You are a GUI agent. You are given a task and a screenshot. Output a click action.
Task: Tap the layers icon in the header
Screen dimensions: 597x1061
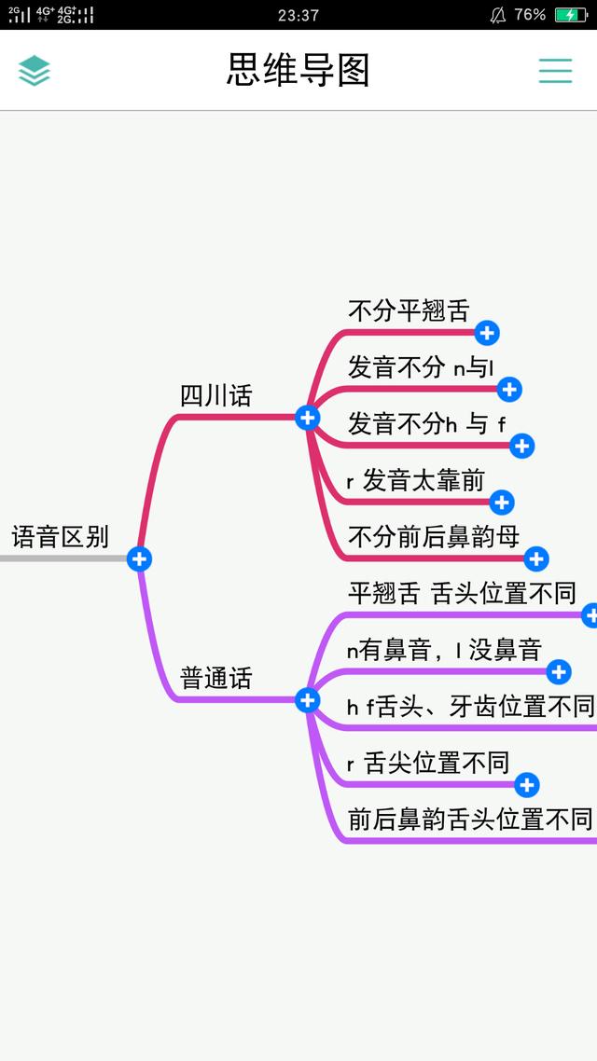tap(35, 70)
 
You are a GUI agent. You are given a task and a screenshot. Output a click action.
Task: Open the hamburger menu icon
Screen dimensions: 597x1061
tap(555, 70)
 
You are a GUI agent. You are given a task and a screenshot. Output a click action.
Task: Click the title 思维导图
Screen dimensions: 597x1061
tap(298, 70)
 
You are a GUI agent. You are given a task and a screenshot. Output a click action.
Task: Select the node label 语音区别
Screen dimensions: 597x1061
tap(61, 537)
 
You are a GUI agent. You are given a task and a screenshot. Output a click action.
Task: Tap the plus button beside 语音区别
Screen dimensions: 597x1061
tap(139, 558)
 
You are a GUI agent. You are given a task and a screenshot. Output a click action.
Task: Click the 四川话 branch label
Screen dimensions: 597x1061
tap(215, 396)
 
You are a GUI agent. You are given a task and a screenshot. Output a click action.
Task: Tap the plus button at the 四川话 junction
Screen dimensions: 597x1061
tap(307, 418)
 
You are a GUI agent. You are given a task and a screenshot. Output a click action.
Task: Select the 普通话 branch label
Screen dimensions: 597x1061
tap(215, 677)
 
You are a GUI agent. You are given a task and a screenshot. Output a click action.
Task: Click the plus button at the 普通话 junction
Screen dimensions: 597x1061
tap(307, 699)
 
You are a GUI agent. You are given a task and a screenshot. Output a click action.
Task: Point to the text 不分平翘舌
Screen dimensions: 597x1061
tap(409, 310)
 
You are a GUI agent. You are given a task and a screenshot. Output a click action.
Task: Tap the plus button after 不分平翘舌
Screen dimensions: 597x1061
tap(487, 333)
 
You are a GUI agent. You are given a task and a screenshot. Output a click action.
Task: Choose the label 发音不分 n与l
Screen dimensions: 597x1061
tap(421, 367)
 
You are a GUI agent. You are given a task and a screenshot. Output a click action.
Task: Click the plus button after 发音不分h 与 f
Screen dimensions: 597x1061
tap(521, 446)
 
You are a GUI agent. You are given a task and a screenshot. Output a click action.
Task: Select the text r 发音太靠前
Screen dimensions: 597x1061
tap(416, 480)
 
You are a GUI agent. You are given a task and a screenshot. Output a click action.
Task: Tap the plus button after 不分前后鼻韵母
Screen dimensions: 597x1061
tap(536, 558)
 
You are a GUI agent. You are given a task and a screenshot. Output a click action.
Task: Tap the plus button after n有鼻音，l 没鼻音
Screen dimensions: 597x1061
tap(559, 672)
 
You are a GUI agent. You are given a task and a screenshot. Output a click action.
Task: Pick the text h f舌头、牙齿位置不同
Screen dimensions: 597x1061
tap(470, 707)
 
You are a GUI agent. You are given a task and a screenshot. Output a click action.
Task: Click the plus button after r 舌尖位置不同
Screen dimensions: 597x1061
tap(527, 785)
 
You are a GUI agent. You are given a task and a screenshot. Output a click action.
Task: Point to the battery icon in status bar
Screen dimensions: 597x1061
tap(571, 15)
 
